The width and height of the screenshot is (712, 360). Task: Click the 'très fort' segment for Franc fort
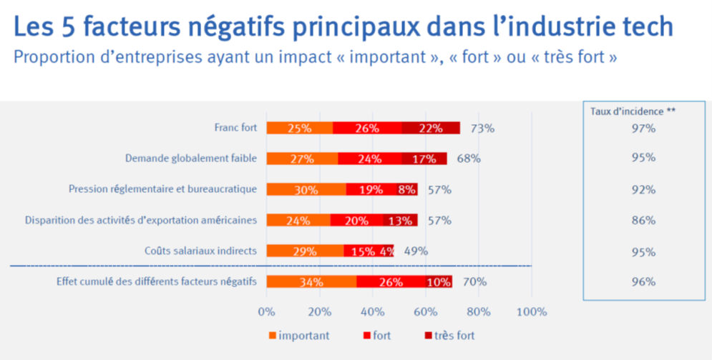click(431, 129)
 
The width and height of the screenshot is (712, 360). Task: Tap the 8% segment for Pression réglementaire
click(406, 189)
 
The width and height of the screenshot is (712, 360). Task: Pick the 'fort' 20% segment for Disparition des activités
click(356, 220)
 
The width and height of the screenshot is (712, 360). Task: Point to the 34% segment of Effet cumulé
click(311, 281)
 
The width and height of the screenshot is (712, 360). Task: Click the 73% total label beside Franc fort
click(483, 129)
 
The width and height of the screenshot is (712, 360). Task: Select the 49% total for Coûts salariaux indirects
click(416, 251)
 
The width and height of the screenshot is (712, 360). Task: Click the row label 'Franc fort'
click(235, 129)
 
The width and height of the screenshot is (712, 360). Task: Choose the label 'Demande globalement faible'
click(191, 159)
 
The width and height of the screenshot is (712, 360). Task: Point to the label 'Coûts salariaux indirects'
click(200, 251)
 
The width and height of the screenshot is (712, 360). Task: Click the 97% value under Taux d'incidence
click(644, 129)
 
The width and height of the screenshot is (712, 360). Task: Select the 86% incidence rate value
click(644, 221)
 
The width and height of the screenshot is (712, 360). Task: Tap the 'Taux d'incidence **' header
click(633, 111)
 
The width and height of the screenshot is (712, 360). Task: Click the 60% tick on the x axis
click(426, 312)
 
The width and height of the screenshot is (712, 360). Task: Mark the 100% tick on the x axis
click(532, 312)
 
